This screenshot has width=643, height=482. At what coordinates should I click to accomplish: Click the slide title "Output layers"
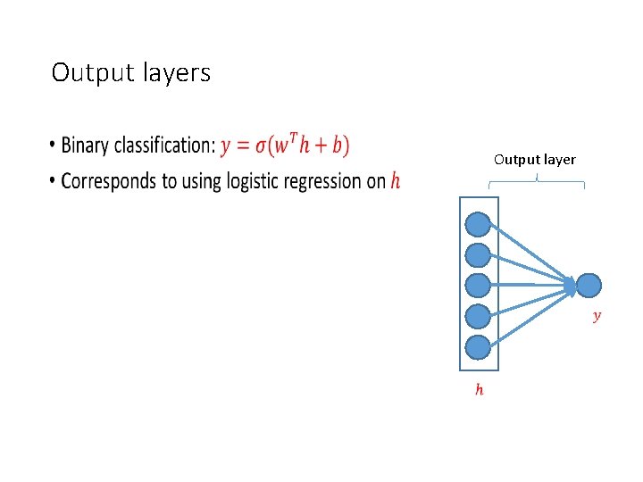coord(131,72)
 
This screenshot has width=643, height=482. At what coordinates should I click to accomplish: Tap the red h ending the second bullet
coord(396,181)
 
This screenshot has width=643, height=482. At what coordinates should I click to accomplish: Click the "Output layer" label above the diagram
coord(535,160)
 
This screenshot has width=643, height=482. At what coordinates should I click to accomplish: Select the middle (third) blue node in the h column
coord(479,285)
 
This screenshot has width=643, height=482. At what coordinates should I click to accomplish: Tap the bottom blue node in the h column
coord(479,346)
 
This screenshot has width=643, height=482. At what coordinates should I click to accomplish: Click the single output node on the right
coord(589,285)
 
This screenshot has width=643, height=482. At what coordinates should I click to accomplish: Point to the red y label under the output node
coord(597,315)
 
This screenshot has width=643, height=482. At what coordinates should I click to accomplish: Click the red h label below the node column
coord(480,389)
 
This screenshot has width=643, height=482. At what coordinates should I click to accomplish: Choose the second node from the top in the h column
coord(479,254)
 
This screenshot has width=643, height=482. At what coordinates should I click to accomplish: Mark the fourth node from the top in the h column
coord(479,316)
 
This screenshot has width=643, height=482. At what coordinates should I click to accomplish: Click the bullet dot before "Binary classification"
coord(53,146)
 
